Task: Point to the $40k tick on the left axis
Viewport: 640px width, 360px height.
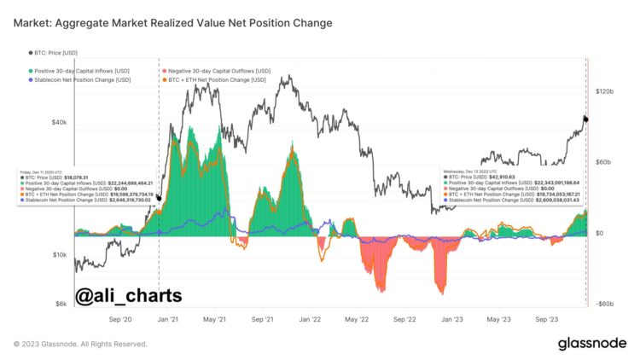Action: click(59, 123)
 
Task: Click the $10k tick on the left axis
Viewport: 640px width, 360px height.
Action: click(59, 255)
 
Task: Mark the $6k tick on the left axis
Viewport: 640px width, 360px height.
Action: click(61, 304)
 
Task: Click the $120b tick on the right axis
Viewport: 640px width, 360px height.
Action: click(605, 91)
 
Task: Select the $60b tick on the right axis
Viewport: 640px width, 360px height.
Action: click(603, 162)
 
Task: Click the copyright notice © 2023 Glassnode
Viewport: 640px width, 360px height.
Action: click(80, 345)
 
